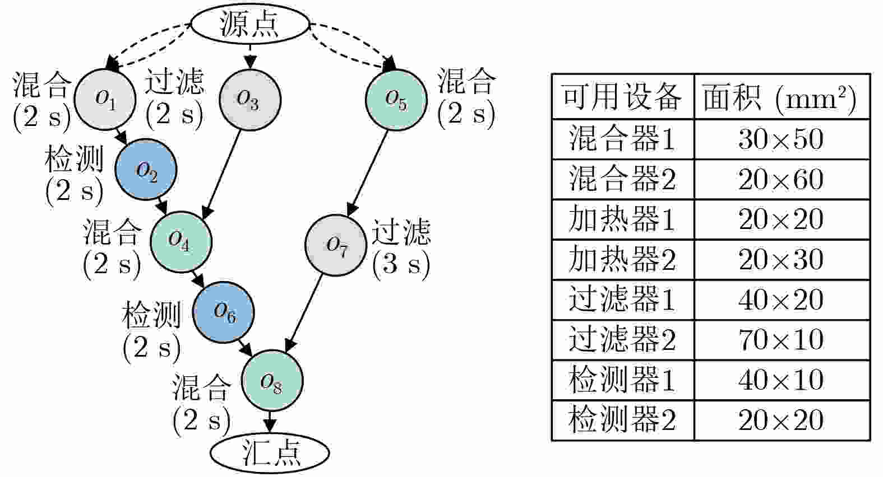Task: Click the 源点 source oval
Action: pyautogui.click(x=250, y=25)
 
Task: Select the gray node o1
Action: pyautogui.click(x=105, y=99)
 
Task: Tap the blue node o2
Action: pyautogui.click(x=146, y=170)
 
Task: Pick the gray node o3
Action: pyautogui.click(x=249, y=100)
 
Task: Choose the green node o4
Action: pyautogui.click(x=181, y=241)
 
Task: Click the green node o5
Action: pyautogui.click(x=396, y=100)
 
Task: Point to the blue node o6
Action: pyautogui.click(x=223, y=312)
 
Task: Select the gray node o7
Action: pyautogui.click(x=336, y=245)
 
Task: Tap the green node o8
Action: pyautogui.click(x=272, y=381)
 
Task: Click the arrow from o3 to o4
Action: pyautogui.click(x=224, y=171)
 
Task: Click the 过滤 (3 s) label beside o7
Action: pyautogui.click(x=401, y=248)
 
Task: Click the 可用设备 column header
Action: pyautogui.click(x=622, y=97)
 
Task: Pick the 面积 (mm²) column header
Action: pyautogui.click(x=781, y=97)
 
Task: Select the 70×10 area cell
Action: pyautogui.click(x=781, y=339)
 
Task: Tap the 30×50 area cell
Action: pyautogui.click(x=781, y=139)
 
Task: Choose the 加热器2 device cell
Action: pyautogui.click(x=622, y=259)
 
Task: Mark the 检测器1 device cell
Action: pyautogui.click(x=622, y=380)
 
